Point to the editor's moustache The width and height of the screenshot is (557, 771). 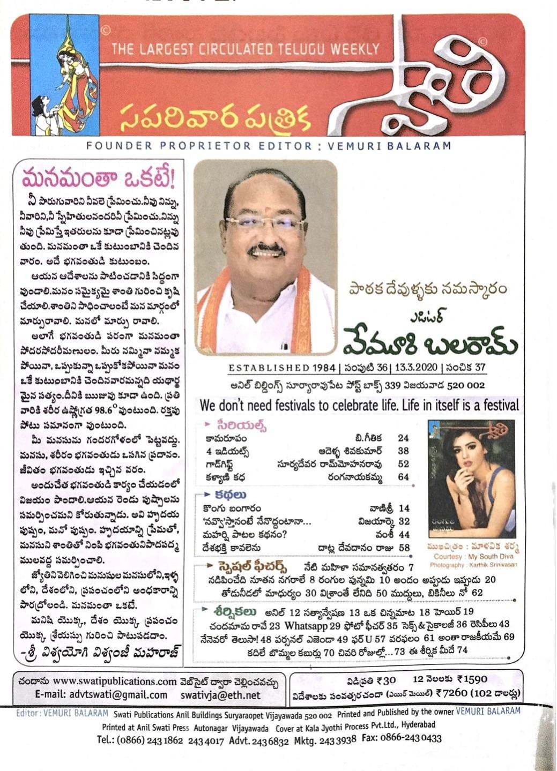[266, 249]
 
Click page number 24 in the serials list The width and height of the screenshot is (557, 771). [403, 438]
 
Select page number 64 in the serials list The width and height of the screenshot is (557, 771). [403, 477]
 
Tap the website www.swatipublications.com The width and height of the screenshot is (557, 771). [115, 682]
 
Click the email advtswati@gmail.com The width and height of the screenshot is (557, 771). [118, 695]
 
